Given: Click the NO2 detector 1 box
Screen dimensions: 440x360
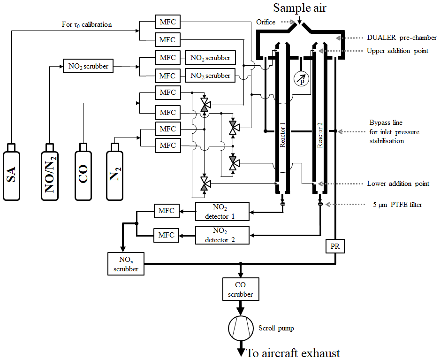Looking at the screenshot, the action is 222,212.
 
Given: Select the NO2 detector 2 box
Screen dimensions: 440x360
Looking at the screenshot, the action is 222,235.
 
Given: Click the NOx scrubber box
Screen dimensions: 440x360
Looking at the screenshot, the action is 126,264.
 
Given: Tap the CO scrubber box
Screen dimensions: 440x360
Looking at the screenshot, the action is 241,289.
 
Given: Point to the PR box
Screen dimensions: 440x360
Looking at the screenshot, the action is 335,246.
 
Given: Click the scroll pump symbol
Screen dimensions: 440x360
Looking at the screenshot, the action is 241,328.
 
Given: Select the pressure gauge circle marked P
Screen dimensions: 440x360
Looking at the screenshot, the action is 301,79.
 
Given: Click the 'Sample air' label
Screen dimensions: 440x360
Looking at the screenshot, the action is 300,8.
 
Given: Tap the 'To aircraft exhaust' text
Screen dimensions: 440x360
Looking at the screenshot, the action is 293,353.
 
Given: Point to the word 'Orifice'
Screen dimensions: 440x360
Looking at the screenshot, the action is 266,22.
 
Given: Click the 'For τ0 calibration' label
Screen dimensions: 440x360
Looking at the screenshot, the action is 87,25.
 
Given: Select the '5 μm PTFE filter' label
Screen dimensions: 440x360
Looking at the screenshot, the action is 397,205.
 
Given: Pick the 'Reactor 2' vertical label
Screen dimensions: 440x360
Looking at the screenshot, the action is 320,135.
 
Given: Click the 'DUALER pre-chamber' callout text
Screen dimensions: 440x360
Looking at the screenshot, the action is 402,38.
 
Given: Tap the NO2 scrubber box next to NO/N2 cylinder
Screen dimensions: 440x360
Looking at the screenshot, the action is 88,66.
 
